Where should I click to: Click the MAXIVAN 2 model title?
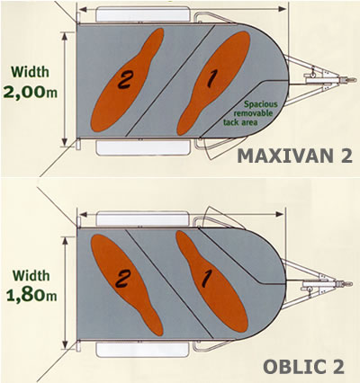(x=294, y=156)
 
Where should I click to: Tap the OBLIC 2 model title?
(x=303, y=366)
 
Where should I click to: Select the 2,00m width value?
(x=30, y=92)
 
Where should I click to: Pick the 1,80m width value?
(x=31, y=295)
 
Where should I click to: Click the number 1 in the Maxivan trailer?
(x=211, y=80)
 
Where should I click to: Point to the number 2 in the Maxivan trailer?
(x=124, y=80)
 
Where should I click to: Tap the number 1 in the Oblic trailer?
(x=205, y=279)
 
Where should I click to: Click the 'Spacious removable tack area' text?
(x=250, y=113)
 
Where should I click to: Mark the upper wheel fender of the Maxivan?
(x=143, y=14)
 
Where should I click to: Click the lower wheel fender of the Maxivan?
(x=143, y=147)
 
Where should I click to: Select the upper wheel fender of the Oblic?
(x=143, y=219)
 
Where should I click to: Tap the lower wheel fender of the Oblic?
(x=143, y=350)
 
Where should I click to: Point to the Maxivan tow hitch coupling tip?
(x=355, y=80)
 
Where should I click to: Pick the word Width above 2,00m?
(x=30, y=72)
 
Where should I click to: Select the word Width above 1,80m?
(x=31, y=275)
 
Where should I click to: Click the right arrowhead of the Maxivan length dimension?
(x=283, y=9)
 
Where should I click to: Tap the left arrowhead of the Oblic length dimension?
(x=83, y=214)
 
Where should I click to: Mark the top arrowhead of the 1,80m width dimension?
(x=65, y=241)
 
